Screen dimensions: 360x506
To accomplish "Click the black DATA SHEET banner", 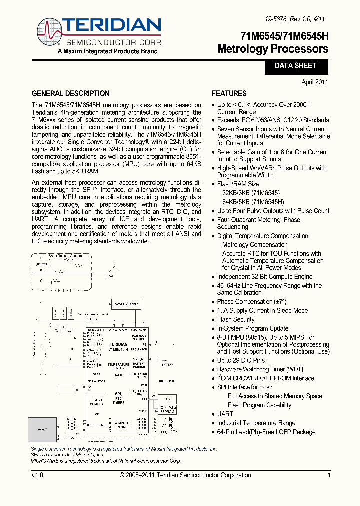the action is (295, 66).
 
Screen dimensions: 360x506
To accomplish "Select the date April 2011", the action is (315, 82).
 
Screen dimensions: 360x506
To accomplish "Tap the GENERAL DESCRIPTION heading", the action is (70, 93).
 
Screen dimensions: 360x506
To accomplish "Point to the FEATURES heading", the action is (229, 93).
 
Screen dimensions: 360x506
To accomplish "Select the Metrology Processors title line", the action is (273, 49).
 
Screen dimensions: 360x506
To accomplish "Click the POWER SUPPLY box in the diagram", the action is (126, 304).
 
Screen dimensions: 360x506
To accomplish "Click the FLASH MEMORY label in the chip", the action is (97, 402).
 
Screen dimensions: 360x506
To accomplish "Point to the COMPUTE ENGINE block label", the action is (121, 425).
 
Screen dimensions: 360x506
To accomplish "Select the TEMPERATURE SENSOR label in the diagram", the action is (118, 366).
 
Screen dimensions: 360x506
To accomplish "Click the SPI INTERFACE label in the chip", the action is (97, 425).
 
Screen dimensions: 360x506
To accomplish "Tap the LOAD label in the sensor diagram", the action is (109, 276).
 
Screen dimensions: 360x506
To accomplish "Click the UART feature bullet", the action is (225, 414).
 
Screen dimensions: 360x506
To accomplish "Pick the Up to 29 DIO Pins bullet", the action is (241, 360).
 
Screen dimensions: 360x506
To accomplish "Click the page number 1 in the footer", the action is (329, 475).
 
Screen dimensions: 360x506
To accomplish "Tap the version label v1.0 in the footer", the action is (37, 475).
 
